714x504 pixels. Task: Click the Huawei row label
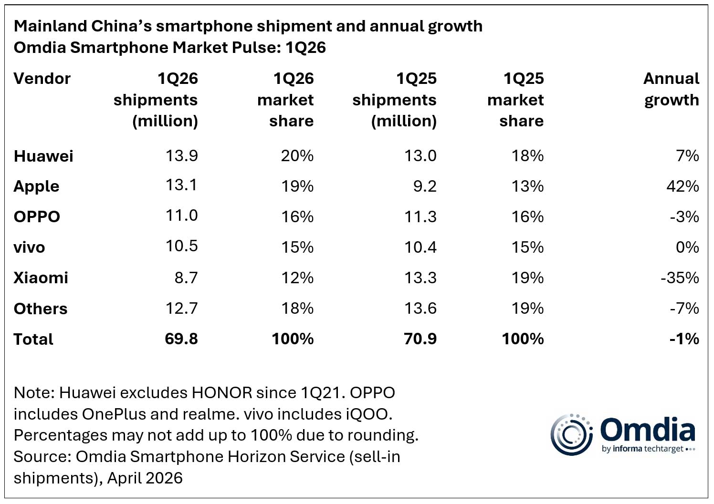coord(43,156)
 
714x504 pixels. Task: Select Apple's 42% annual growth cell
coord(682,186)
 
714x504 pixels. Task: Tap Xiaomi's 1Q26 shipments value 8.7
coord(186,278)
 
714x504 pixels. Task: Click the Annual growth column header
coord(671,89)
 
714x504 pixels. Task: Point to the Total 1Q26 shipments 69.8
coord(181,339)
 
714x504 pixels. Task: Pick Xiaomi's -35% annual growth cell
coord(680,278)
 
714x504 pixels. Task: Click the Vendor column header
coord(42,79)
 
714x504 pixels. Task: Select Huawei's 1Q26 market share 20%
coord(297,156)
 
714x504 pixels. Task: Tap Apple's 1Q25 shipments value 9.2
coord(425,186)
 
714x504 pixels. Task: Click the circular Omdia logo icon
coord(571,434)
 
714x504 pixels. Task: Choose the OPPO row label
coord(37,217)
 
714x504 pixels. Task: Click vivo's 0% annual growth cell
coord(687,247)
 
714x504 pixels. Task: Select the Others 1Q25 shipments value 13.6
coord(420,309)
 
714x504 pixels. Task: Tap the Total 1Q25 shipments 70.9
coord(420,339)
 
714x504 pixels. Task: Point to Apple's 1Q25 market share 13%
coord(527,186)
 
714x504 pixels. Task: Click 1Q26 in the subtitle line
coord(305,48)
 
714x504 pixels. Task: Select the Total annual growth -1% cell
coord(684,339)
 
